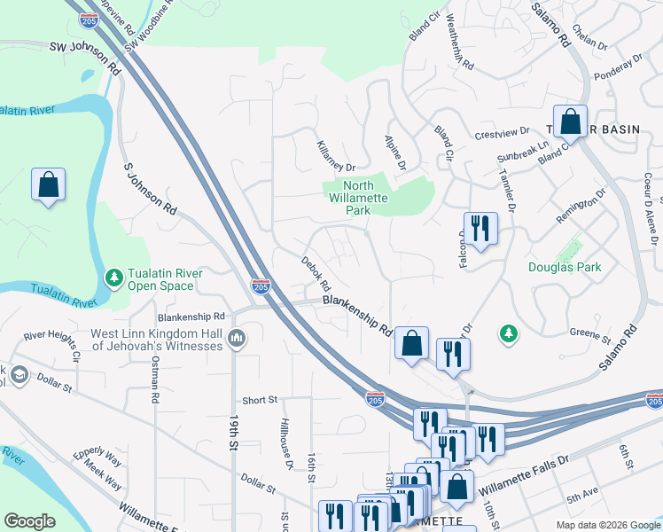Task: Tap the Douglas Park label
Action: (x=565, y=267)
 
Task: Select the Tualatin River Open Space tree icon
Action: (x=113, y=278)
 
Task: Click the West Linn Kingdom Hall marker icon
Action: (x=237, y=338)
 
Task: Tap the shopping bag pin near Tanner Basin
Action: (x=571, y=122)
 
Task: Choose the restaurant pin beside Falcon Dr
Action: (x=480, y=227)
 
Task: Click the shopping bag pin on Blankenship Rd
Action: (x=412, y=343)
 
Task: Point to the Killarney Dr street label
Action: (x=336, y=156)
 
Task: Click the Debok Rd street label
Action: (x=316, y=274)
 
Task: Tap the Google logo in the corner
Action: (x=30, y=520)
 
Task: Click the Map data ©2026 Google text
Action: (x=607, y=525)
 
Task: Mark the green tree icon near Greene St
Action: (x=509, y=333)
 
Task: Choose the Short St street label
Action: (x=260, y=400)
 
